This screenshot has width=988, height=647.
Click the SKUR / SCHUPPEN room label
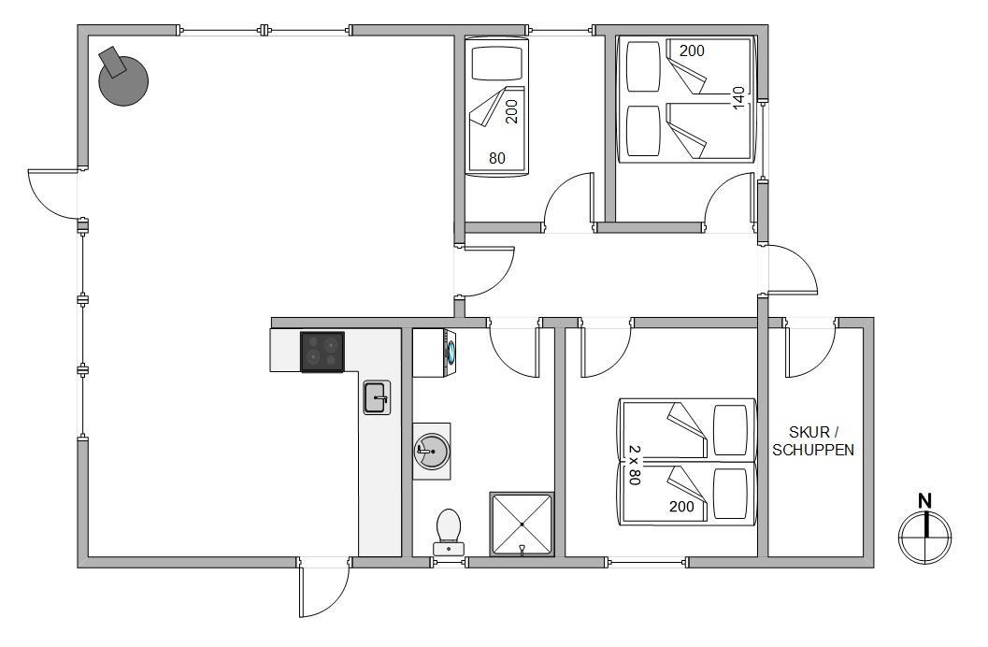813,441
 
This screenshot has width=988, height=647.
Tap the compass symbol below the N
925,538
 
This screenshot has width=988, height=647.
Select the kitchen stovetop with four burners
322,352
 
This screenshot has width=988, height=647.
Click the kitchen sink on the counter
377,397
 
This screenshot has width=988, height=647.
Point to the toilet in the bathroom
448,532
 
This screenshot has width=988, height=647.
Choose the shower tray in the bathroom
522,525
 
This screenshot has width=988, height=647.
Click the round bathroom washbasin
432,451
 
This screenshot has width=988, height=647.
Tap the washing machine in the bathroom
434,352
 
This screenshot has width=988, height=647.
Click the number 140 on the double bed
738,97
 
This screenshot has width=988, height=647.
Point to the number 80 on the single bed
497,158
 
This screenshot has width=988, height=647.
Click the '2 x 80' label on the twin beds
634,465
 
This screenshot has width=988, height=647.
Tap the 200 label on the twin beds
681,506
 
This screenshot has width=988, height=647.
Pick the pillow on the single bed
498,62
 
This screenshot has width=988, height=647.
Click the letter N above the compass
924,501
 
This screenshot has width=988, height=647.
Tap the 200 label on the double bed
692,50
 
